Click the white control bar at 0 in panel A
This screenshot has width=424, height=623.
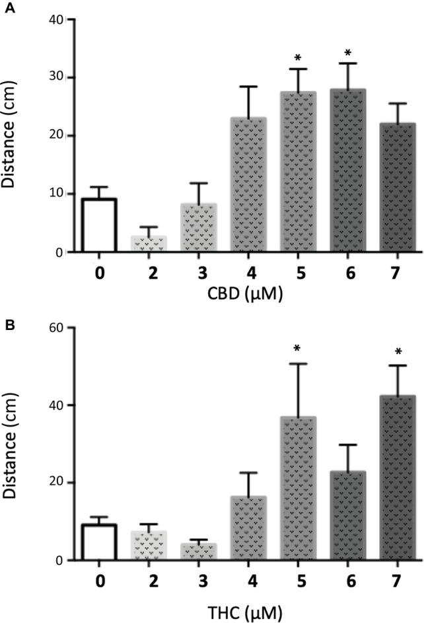98,225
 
